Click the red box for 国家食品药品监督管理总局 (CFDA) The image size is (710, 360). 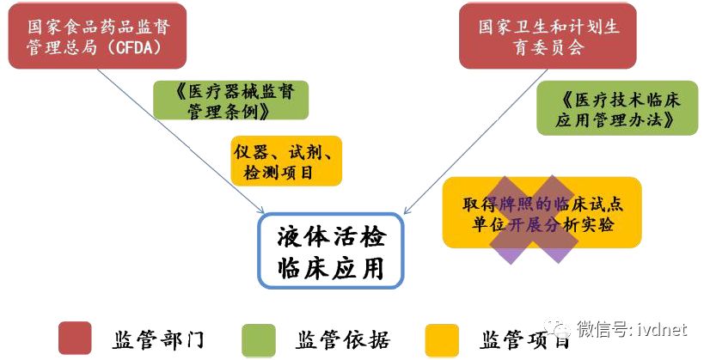click(x=95, y=35)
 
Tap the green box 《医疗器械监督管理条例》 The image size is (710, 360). click(x=230, y=101)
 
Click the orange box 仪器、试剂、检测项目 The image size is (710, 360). click(x=285, y=162)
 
